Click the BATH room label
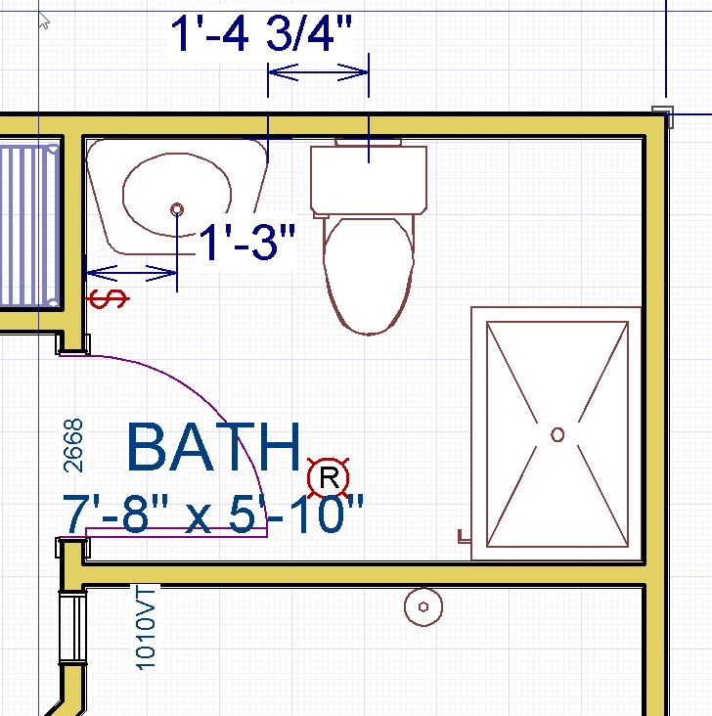coord(214,447)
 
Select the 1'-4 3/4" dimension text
coord(261,33)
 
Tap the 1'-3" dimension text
coord(247,242)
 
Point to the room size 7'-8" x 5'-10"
coord(213,514)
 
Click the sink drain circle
coord(177,209)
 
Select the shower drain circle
coord(557,434)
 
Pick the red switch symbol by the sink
coord(108,299)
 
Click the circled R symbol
coord(329,478)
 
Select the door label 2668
coord(73,445)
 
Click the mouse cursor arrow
coord(43,21)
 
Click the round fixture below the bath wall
coord(423,606)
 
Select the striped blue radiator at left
coord(29,226)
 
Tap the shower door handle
coord(464,537)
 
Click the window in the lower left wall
coord(72,628)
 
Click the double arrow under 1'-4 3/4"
coord(318,72)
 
